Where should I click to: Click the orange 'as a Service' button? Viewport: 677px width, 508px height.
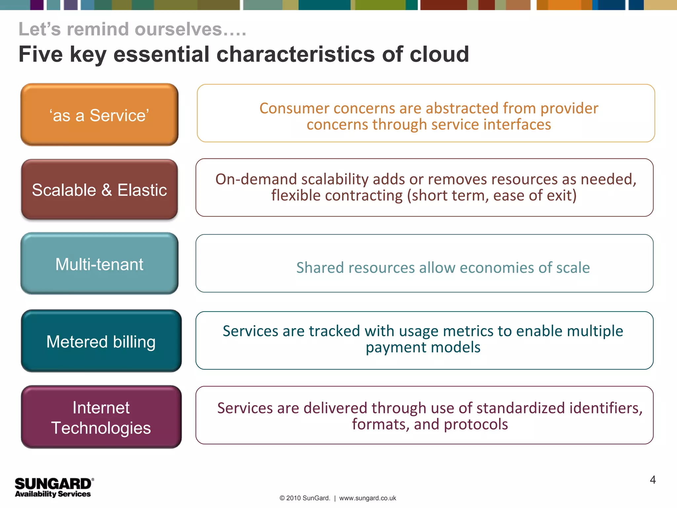tap(99, 114)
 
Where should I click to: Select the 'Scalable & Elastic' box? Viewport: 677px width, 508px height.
tap(99, 190)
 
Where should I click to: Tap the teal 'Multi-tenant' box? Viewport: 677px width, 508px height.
tap(99, 264)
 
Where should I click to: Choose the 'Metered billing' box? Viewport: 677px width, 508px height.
tap(101, 341)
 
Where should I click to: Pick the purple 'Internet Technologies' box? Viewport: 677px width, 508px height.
tap(101, 417)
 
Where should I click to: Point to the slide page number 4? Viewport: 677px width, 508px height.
tap(653, 480)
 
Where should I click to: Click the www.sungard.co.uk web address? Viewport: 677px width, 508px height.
tap(368, 498)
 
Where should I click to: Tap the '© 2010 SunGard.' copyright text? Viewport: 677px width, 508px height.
tap(304, 498)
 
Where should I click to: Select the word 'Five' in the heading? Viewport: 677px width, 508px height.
tap(40, 54)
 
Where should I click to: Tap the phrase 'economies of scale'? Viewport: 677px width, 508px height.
tap(525, 268)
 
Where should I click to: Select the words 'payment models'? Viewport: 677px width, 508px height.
tap(423, 347)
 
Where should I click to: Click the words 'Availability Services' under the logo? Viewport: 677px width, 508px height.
tap(53, 494)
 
